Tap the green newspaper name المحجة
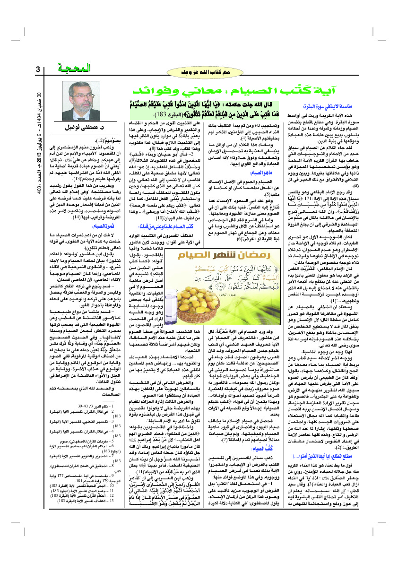click(x=71, y=69)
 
